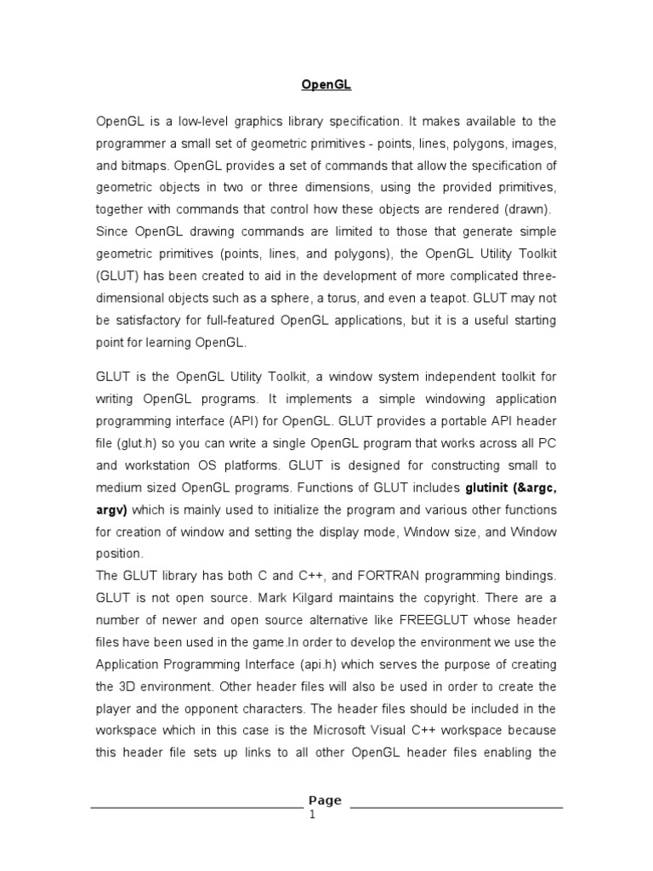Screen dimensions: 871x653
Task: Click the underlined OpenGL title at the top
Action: pos(326,85)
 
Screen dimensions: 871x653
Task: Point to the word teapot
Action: pos(446,299)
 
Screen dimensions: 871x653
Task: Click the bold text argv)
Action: pos(111,510)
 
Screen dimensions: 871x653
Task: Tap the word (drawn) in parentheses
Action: pos(527,210)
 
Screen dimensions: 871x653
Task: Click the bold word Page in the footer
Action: pos(326,800)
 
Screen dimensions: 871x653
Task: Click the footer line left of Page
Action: pos(196,806)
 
